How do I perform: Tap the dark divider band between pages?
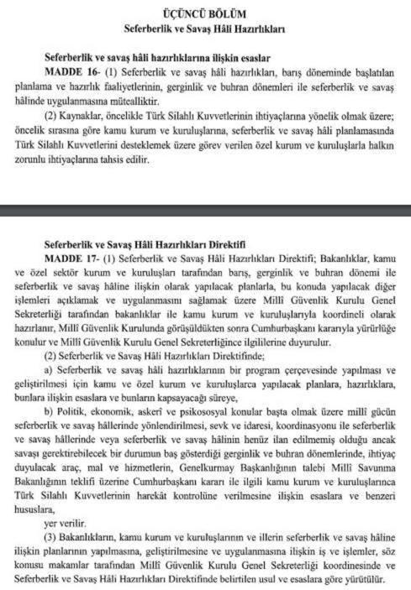(205, 209)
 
